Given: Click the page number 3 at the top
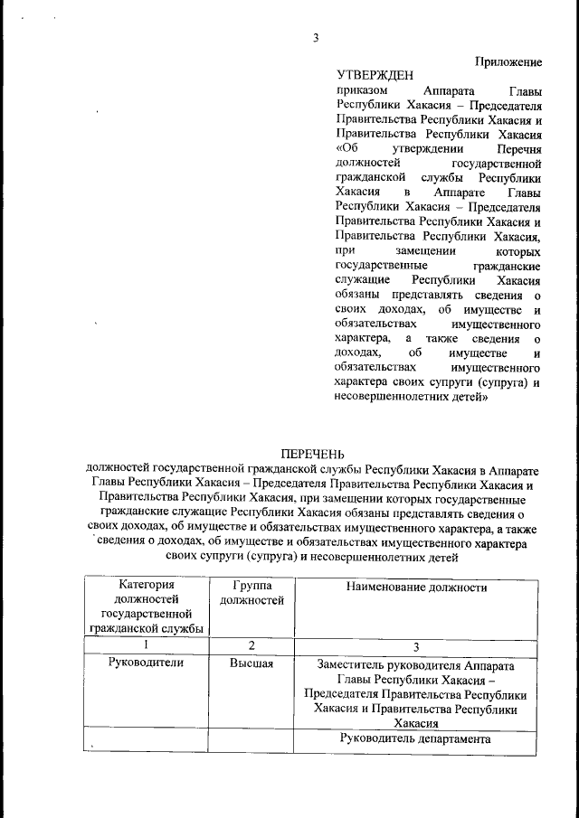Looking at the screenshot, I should [x=316, y=37].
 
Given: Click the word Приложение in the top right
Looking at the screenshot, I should [x=508, y=61].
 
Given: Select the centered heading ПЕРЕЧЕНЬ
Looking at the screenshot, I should [x=312, y=452].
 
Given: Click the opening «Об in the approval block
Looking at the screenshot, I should [x=346, y=147].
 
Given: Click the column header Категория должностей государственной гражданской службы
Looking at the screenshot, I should [x=145, y=607].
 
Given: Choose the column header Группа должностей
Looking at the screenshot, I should [x=252, y=594].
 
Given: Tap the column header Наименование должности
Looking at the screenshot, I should [x=416, y=588].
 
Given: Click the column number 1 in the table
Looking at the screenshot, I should [x=145, y=645].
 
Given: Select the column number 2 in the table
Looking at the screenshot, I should [x=252, y=645].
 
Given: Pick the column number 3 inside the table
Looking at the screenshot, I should [x=416, y=645].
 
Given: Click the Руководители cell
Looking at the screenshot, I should [x=145, y=663].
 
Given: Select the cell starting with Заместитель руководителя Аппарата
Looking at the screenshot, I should [x=416, y=692].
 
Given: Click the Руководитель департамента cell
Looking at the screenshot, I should [x=416, y=738].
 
